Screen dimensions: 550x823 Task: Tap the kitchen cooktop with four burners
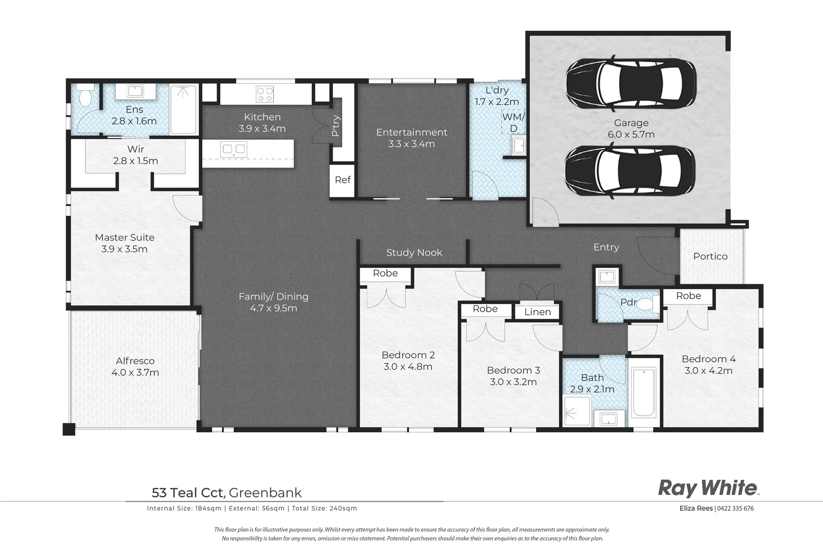pos(264,94)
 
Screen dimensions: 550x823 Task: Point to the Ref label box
pos(342,180)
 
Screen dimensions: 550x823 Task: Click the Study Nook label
pos(414,253)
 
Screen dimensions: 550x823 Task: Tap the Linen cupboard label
pos(537,312)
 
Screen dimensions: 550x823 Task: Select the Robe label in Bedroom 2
pos(385,273)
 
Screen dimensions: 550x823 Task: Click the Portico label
pos(710,256)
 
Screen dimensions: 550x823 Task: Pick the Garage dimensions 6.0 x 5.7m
pos(631,134)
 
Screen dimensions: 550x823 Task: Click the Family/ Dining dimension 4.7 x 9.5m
pos(273,308)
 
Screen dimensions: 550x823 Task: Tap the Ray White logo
pos(708,488)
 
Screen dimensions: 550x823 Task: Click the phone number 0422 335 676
pos(736,508)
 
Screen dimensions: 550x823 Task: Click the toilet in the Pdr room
pos(644,305)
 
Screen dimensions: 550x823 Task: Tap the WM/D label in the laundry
pos(513,122)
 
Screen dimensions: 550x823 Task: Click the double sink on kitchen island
pos(233,150)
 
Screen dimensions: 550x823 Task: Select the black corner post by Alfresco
pos(69,429)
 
